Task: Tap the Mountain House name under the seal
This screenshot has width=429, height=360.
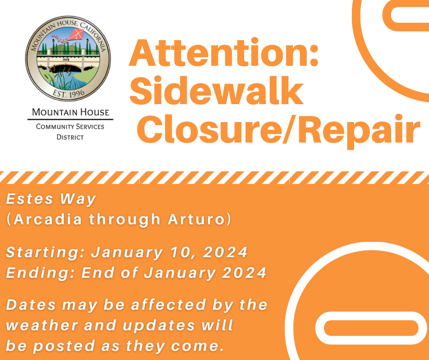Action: [70, 112]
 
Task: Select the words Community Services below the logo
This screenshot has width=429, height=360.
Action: [70, 127]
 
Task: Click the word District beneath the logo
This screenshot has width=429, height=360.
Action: [70, 137]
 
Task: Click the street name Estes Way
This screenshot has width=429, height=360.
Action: [51, 200]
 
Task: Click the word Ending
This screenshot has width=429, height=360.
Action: [40, 273]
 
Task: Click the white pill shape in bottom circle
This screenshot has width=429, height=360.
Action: [371, 328]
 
